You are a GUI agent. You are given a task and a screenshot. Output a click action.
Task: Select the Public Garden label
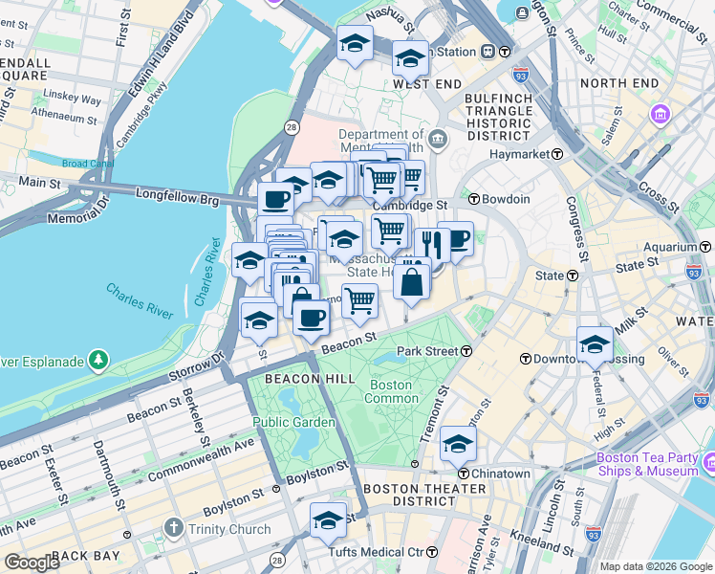293,422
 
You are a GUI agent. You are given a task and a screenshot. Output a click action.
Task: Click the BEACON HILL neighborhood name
284,380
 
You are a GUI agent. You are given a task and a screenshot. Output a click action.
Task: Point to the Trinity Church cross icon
173,527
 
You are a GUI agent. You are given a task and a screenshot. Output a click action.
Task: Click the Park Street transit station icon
466,351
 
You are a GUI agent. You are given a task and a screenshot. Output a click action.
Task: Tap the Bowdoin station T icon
474,199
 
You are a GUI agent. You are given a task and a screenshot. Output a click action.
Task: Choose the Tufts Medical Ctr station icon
431,552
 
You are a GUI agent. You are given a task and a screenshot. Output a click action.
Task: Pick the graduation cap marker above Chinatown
459,444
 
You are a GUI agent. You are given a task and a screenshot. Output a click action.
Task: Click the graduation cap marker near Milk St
595,342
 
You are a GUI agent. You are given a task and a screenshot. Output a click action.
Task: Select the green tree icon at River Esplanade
98,361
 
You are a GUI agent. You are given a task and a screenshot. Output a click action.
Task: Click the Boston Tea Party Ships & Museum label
646,464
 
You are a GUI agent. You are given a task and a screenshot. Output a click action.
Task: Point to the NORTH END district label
618,84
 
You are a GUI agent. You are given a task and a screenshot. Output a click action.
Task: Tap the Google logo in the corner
32,562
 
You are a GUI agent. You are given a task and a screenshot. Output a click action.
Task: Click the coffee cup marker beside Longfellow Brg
276,199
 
